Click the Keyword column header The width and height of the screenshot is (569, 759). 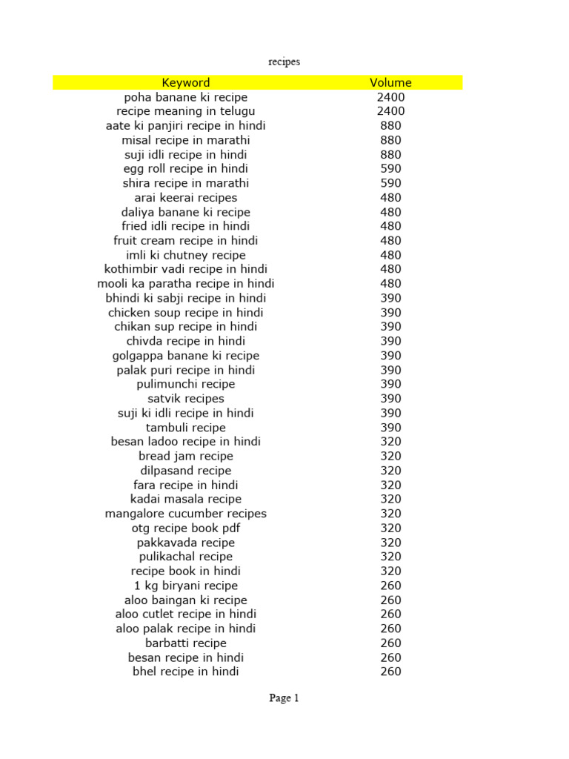pos(186,83)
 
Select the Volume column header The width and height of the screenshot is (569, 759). pos(390,83)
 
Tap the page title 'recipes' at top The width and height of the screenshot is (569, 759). pos(284,62)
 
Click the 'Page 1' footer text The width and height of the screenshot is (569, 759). pos(284,697)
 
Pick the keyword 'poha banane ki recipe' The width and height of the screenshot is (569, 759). pos(186,97)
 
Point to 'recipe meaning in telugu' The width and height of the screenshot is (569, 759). pos(186,111)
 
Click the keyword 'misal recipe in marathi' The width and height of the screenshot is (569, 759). pos(186,140)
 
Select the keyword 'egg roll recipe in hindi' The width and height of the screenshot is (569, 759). pos(186,169)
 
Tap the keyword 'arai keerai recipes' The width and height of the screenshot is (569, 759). pos(186,198)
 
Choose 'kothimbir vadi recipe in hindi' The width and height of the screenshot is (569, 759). pos(186,269)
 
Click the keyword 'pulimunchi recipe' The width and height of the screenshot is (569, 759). pos(186,384)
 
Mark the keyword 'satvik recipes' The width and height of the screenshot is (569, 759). pos(186,399)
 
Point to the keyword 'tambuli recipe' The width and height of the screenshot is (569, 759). pos(186,428)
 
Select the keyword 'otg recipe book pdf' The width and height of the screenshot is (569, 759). pos(186,528)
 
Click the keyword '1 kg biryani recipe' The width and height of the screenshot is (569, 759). pos(186,586)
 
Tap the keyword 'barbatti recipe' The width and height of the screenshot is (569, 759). pos(186,643)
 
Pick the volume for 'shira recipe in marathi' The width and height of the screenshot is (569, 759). pos(390,183)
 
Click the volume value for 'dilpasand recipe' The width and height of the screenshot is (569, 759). pos(390,471)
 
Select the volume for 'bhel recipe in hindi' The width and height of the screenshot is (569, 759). pos(390,672)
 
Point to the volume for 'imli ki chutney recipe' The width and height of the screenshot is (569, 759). pos(390,255)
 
